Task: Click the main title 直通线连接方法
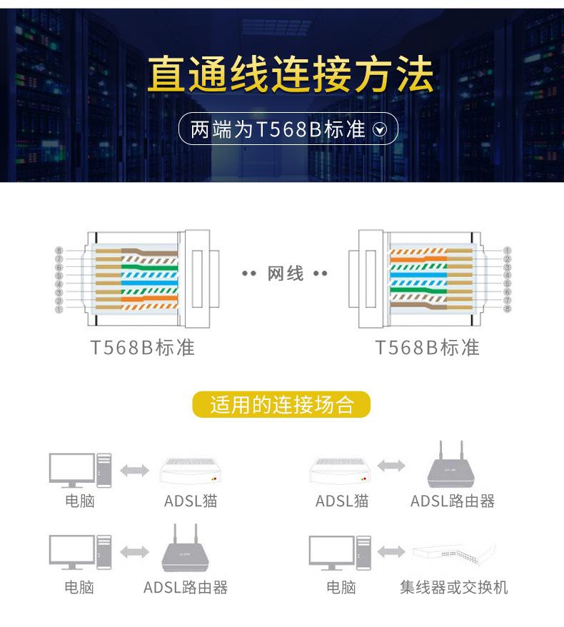291,74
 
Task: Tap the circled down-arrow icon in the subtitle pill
379,129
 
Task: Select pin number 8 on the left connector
59,251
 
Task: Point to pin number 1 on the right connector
507,251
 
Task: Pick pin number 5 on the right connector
507,284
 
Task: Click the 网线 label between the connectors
286,274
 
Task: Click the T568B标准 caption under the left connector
142,348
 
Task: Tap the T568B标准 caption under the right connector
427,348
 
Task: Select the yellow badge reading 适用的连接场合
281,405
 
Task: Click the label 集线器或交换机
453,588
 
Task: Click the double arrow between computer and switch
391,552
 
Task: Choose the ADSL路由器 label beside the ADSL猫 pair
453,501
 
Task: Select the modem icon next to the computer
191,471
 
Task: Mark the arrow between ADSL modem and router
391,466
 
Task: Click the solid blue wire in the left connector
149,283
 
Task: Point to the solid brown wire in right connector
418,306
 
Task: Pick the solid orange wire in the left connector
149,299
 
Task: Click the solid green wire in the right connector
418,291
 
